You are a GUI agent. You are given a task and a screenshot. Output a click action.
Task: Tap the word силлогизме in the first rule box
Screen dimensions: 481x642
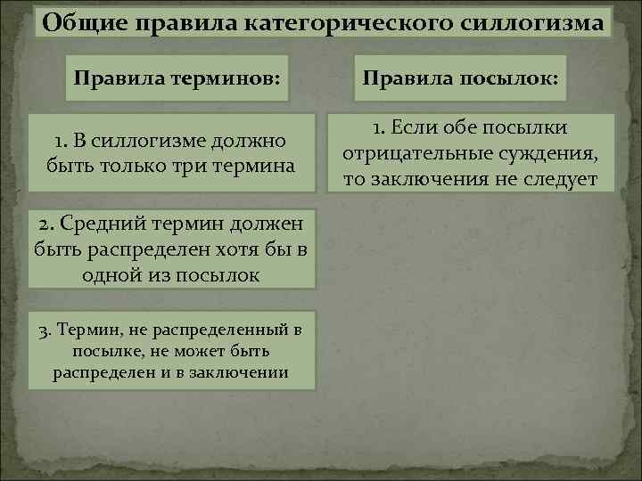[x=141, y=141]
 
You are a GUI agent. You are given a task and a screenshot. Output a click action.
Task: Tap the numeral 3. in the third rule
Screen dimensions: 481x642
[x=46, y=330]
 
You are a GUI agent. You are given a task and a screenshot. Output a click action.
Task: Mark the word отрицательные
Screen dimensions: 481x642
[x=410, y=153]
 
